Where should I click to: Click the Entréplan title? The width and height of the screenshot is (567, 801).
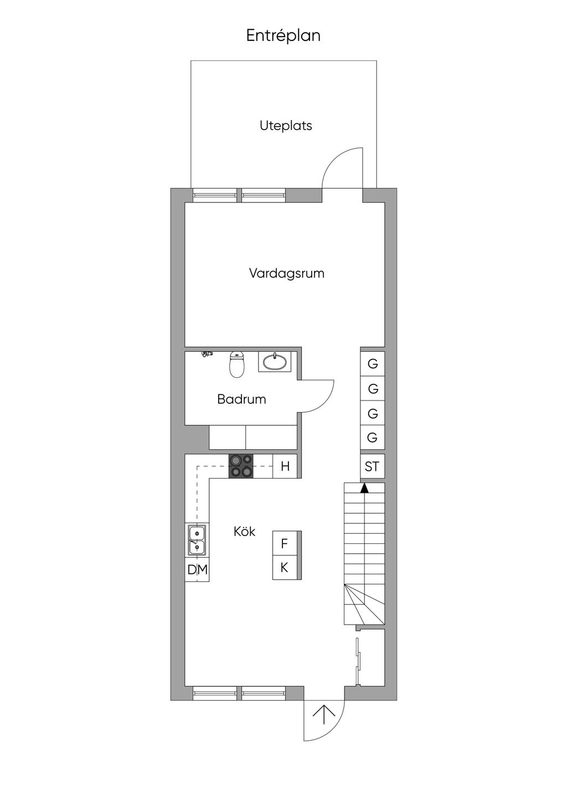click(x=283, y=36)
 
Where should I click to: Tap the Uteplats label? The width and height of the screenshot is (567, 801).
click(x=286, y=126)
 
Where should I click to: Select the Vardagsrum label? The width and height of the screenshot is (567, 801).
click(x=287, y=274)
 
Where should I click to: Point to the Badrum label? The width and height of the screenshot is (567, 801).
click(x=241, y=399)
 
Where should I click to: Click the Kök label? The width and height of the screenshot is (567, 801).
click(x=245, y=532)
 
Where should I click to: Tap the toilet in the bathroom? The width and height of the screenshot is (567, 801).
click(x=236, y=363)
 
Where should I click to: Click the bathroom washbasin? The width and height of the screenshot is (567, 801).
click(x=275, y=362)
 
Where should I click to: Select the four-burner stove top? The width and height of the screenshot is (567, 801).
click(x=241, y=466)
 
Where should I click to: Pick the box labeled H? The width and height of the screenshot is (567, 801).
click(x=285, y=466)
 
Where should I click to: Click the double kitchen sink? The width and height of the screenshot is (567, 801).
click(x=197, y=540)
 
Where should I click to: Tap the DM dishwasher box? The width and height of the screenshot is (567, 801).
click(x=197, y=570)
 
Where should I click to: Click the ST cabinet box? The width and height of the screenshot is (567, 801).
click(x=372, y=466)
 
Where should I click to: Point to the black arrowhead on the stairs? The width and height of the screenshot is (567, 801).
click(x=364, y=488)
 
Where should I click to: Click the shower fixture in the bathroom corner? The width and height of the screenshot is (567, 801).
click(x=207, y=354)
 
